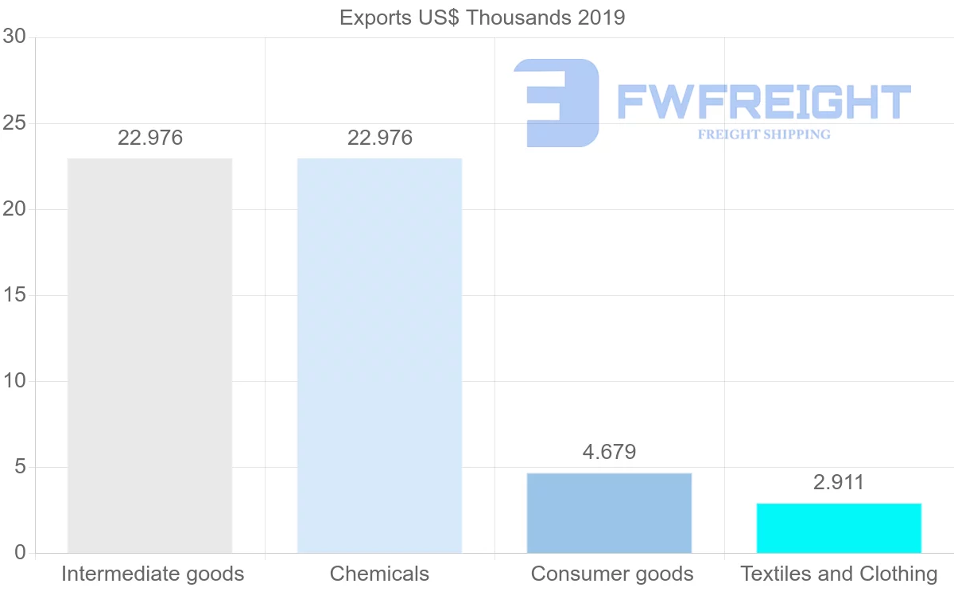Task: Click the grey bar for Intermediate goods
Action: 149,355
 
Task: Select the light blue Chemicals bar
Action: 379,355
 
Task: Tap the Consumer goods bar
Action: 609,512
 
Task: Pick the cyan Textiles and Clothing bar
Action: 839,527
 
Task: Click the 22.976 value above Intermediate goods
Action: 150,138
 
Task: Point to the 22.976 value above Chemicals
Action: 380,138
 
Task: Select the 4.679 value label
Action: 609,452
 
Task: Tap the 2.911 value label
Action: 839,482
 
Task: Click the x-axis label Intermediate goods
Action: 153,574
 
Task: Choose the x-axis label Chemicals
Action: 379,574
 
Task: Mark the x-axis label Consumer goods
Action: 612,574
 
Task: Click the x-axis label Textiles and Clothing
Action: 839,574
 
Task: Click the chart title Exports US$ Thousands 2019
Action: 483,18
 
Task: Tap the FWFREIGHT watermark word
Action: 763,102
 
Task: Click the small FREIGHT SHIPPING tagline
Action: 764,134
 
